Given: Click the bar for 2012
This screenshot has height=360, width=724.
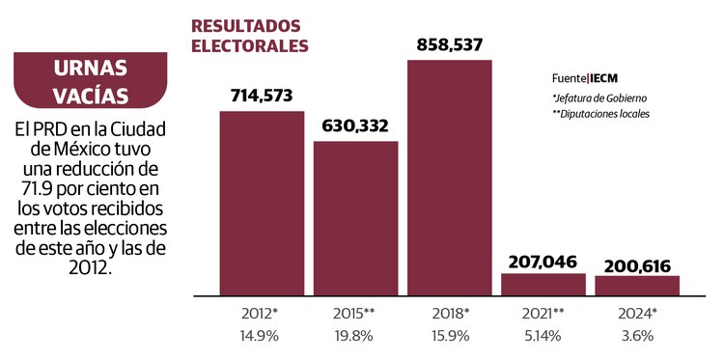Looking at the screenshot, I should click(262, 203).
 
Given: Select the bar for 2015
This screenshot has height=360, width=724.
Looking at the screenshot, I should click(355, 217).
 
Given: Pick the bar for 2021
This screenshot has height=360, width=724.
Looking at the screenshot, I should click(543, 284).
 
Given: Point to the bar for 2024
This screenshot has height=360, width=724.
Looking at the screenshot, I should click(637, 285).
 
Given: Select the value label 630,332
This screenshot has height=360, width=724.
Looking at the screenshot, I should click(355, 125).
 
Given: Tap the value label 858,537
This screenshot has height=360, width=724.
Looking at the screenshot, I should click(450, 44).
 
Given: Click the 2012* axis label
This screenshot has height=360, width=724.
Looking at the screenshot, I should click(262, 314).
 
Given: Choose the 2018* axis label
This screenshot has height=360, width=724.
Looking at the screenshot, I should click(450, 314).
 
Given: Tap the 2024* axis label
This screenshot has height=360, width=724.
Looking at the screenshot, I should click(637, 314).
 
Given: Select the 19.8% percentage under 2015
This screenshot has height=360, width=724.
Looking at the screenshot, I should click(355, 336).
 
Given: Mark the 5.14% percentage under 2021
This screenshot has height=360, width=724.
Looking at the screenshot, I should click(543, 336).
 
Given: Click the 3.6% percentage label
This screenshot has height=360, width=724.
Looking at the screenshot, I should click(637, 336).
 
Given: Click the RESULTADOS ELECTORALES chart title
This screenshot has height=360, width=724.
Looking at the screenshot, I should click(250, 35).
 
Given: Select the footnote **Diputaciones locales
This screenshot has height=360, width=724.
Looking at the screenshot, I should click(600, 114).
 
